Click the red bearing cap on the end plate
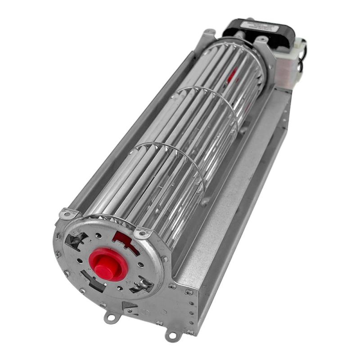tap(108, 264)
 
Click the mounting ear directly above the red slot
tap(143, 233)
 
